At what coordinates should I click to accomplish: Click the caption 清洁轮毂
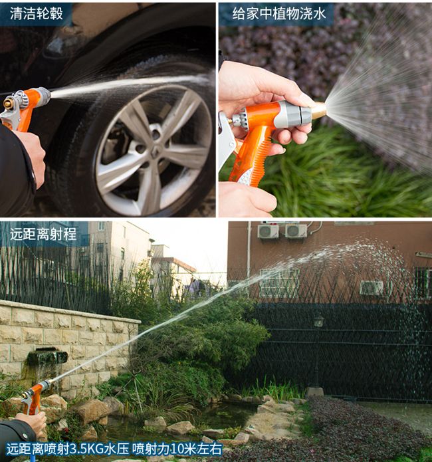36,13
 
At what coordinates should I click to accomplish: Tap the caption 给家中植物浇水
278,13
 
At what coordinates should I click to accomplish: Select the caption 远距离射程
43,234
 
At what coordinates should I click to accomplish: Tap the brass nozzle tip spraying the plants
319,110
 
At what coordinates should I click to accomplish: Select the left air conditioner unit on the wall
268,231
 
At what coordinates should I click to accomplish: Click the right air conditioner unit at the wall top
296,231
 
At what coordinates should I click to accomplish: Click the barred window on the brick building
279,283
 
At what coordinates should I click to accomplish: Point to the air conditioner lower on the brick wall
372,288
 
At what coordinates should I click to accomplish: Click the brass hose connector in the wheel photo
8,104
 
